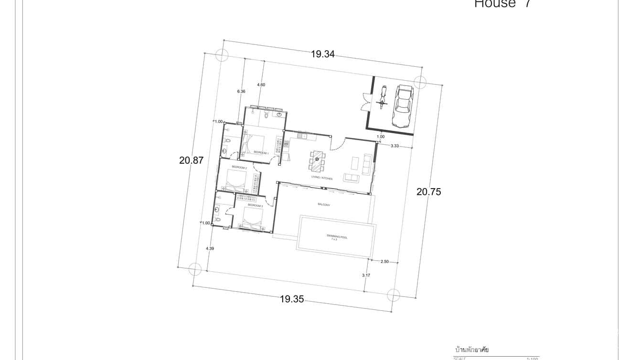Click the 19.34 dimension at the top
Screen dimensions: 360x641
322,54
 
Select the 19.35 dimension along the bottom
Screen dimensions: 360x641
292,299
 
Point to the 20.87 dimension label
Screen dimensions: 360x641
191,160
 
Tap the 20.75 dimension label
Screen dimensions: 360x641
428,191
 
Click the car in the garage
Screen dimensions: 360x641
403,106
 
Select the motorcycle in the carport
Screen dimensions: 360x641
382,98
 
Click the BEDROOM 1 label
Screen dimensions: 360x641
261,153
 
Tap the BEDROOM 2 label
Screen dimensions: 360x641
239,168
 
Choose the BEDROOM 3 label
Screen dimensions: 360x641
255,205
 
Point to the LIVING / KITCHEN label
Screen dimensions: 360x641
321,178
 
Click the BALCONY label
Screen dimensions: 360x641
324,204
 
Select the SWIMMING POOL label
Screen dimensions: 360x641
337,237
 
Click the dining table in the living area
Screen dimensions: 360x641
317,160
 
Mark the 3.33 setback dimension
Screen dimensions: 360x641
395,146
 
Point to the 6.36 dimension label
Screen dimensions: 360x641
241,91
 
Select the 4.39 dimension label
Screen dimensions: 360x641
210,248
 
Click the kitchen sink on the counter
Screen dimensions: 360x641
302,136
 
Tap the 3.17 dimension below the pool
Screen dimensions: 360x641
366,275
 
